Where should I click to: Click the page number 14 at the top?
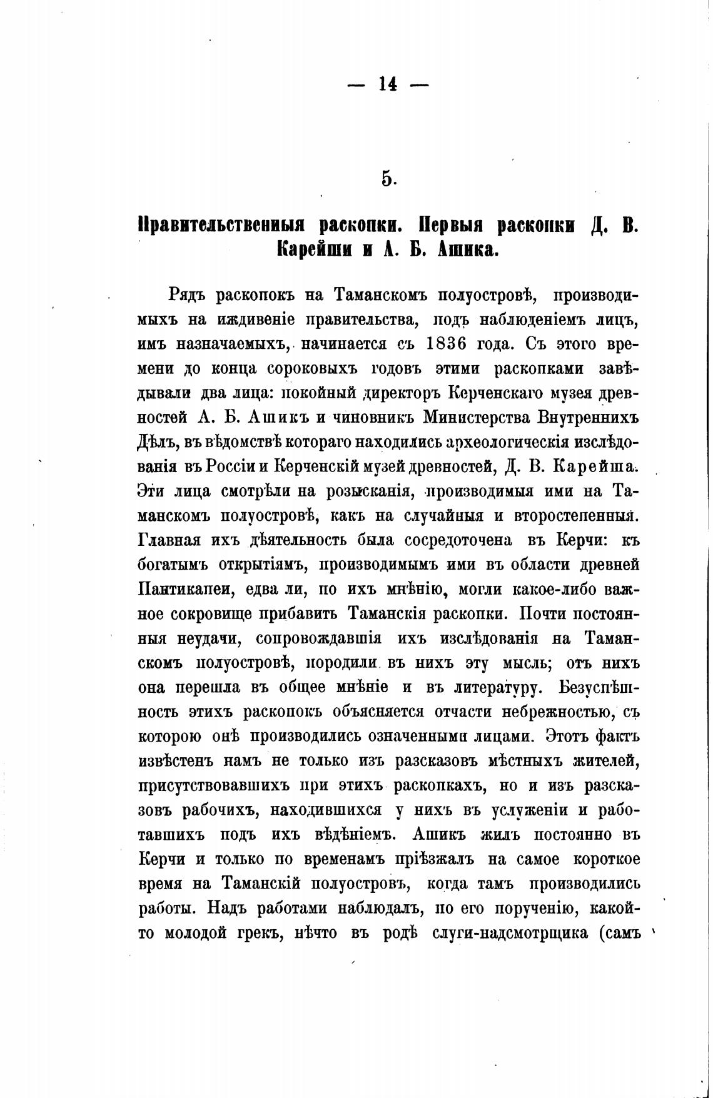[388, 84]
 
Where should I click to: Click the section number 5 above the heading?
[388, 179]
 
